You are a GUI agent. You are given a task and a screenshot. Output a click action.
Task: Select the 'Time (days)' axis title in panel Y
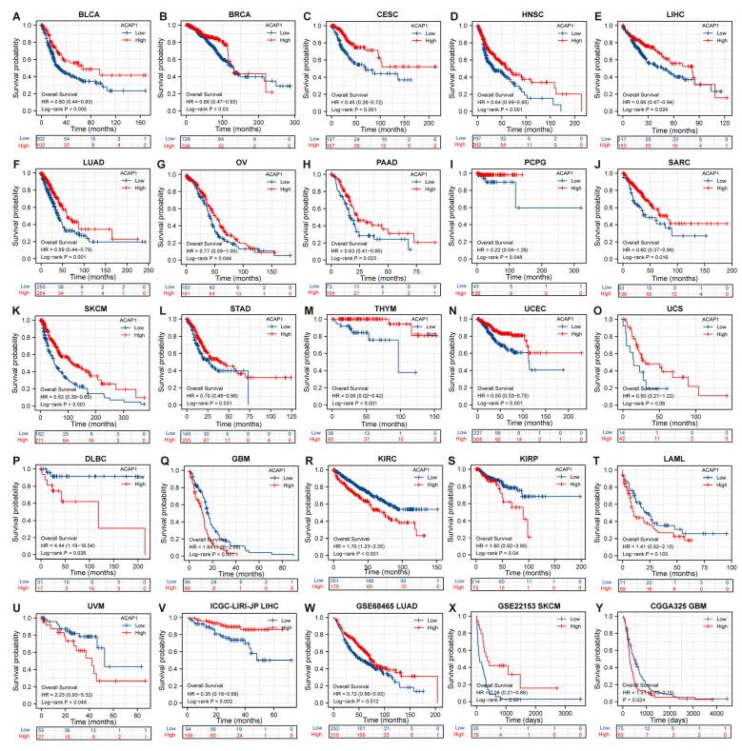pos(677,727)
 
